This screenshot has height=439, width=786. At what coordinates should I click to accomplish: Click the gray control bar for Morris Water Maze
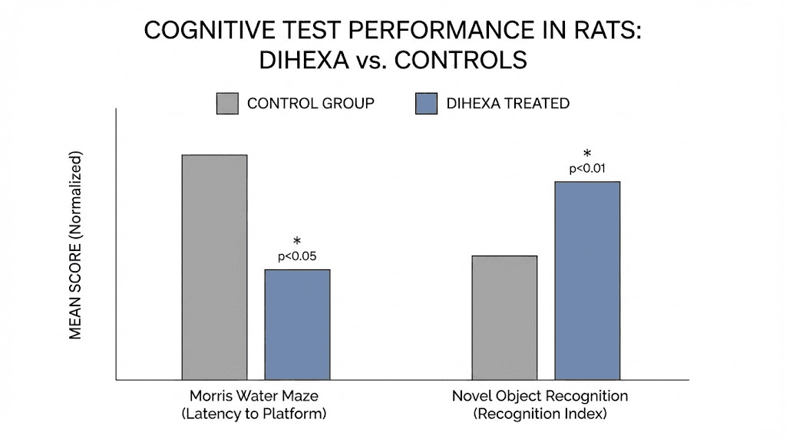(x=214, y=267)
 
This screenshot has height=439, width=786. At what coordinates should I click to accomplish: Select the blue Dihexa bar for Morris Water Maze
(x=297, y=324)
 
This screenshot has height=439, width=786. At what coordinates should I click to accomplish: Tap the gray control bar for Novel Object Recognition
(x=504, y=317)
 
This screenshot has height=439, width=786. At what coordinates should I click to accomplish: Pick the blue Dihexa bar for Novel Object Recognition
(x=587, y=280)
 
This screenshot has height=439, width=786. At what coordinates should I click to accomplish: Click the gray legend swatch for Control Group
(x=227, y=104)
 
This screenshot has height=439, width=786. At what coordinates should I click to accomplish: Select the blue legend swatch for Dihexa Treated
(x=426, y=104)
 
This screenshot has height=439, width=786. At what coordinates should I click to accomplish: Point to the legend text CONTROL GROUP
(x=310, y=104)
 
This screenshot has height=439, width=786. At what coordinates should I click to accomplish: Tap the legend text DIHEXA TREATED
(x=507, y=104)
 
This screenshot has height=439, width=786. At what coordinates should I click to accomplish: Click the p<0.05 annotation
(x=298, y=256)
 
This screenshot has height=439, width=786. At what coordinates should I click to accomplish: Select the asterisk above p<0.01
(x=588, y=153)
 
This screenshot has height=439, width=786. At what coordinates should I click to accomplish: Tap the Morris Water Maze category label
(x=254, y=397)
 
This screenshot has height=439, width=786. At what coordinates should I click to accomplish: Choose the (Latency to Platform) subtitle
(x=254, y=414)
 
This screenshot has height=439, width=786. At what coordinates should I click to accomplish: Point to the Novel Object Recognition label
(x=540, y=397)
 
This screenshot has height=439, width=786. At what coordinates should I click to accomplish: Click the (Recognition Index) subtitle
(x=540, y=414)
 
